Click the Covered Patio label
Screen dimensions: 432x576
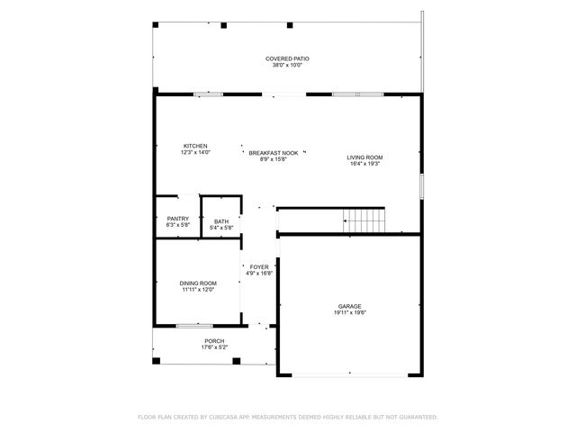coord(287,58)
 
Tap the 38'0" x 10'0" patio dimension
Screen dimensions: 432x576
coord(287,65)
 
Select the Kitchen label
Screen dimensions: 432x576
coord(195,146)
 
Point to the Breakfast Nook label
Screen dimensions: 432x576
coord(274,154)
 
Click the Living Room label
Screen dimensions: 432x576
coord(364,157)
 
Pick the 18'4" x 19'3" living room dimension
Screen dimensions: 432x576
coord(364,164)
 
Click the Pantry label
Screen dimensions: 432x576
coord(177,219)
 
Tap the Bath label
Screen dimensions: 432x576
coord(220,221)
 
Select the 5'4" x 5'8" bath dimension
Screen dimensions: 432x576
coord(220,228)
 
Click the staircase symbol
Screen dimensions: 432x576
coord(364,219)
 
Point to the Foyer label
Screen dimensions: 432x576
coord(259,267)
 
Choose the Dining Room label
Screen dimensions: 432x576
coord(197,283)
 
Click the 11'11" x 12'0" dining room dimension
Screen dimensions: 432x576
coord(197,289)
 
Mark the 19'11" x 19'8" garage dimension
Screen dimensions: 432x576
coord(350,313)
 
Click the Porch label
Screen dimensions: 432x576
coord(214,341)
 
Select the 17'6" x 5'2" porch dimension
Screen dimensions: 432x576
coord(214,347)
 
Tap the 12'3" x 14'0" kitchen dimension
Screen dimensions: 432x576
coord(195,152)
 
